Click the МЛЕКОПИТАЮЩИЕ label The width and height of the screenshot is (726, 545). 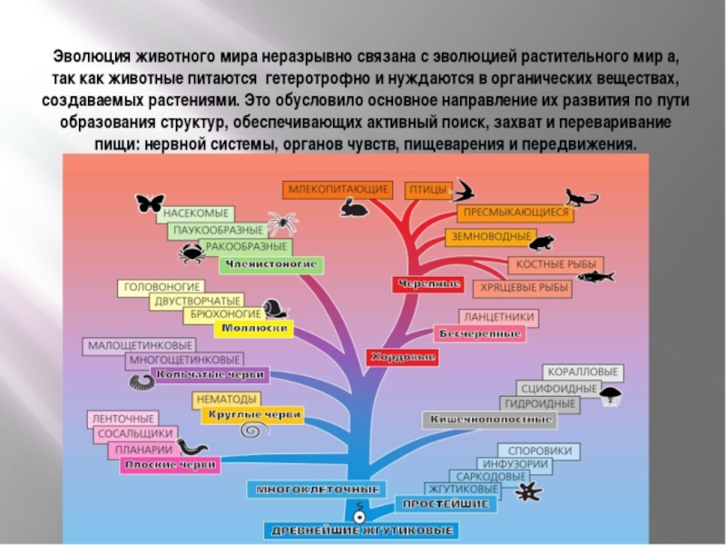click(338, 190)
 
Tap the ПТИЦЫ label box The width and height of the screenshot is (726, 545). click(427, 191)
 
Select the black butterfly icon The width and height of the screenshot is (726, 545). click(150, 203)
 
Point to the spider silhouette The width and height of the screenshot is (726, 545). click(281, 223)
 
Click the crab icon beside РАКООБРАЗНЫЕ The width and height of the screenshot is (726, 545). click(191, 253)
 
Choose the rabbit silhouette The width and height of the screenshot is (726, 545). click(354, 210)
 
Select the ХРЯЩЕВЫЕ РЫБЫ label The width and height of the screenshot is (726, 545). click(523, 288)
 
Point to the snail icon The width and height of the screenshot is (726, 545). click(276, 309)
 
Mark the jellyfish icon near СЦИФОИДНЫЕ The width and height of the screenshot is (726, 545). click(613, 395)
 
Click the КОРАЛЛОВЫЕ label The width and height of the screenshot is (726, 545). click(583, 372)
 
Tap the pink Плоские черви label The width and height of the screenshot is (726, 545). click(170, 466)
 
